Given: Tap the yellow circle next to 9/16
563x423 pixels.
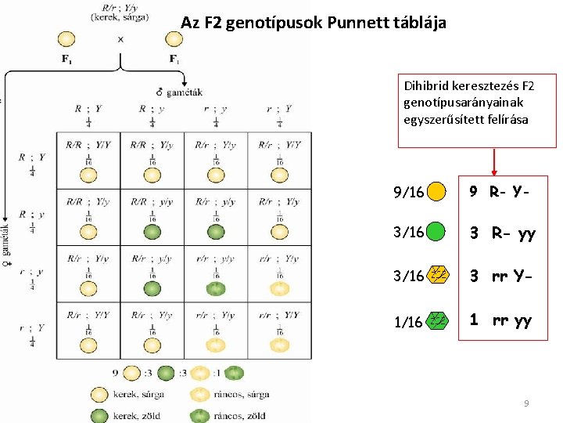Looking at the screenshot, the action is click(437, 191).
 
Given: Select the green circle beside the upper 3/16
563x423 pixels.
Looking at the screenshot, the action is click(437, 232).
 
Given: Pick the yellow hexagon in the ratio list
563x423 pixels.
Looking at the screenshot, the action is click(440, 274).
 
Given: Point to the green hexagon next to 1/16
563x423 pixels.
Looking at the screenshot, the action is click(440, 320).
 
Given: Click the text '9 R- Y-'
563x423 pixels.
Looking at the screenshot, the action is click(500, 191).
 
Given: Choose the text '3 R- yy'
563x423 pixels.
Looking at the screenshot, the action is click(502, 233).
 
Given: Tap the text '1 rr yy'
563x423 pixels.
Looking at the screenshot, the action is click(500, 320).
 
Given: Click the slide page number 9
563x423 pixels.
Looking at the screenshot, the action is click(526, 403).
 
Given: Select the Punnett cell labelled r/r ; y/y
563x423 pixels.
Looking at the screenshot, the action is click(217, 273).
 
